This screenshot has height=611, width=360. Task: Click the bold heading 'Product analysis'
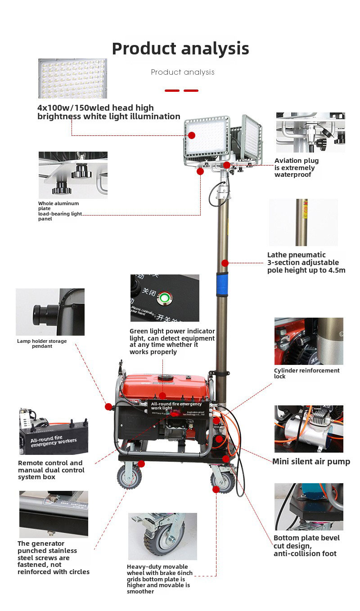[x=180, y=49]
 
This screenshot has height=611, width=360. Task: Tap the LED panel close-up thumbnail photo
[x=72, y=78]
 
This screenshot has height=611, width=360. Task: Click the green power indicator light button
[x=165, y=297]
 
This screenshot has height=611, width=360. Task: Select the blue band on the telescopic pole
[x=222, y=284]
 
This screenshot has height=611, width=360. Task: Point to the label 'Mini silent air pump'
[x=311, y=461]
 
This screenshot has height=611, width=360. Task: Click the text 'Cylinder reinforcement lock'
[x=306, y=373]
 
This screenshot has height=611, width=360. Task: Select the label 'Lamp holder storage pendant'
[x=42, y=344]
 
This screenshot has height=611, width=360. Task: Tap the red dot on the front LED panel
[x=192, y=135]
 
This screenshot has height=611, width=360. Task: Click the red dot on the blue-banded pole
[x=225, y=263]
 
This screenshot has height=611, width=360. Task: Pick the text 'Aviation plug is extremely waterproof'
[x=296, y=167]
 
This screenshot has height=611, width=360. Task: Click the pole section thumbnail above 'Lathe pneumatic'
[x=303, y=222]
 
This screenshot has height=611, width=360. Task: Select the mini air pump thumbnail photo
[x=309, y=429]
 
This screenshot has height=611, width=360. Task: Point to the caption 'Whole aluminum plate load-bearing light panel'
[x=60, y=211]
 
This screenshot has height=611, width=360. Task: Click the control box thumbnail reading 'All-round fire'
[x=54, y=431]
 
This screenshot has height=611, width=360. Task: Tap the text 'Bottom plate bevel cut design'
[x=306, y=545]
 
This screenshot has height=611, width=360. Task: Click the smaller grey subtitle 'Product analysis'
[x=183, y=72]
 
